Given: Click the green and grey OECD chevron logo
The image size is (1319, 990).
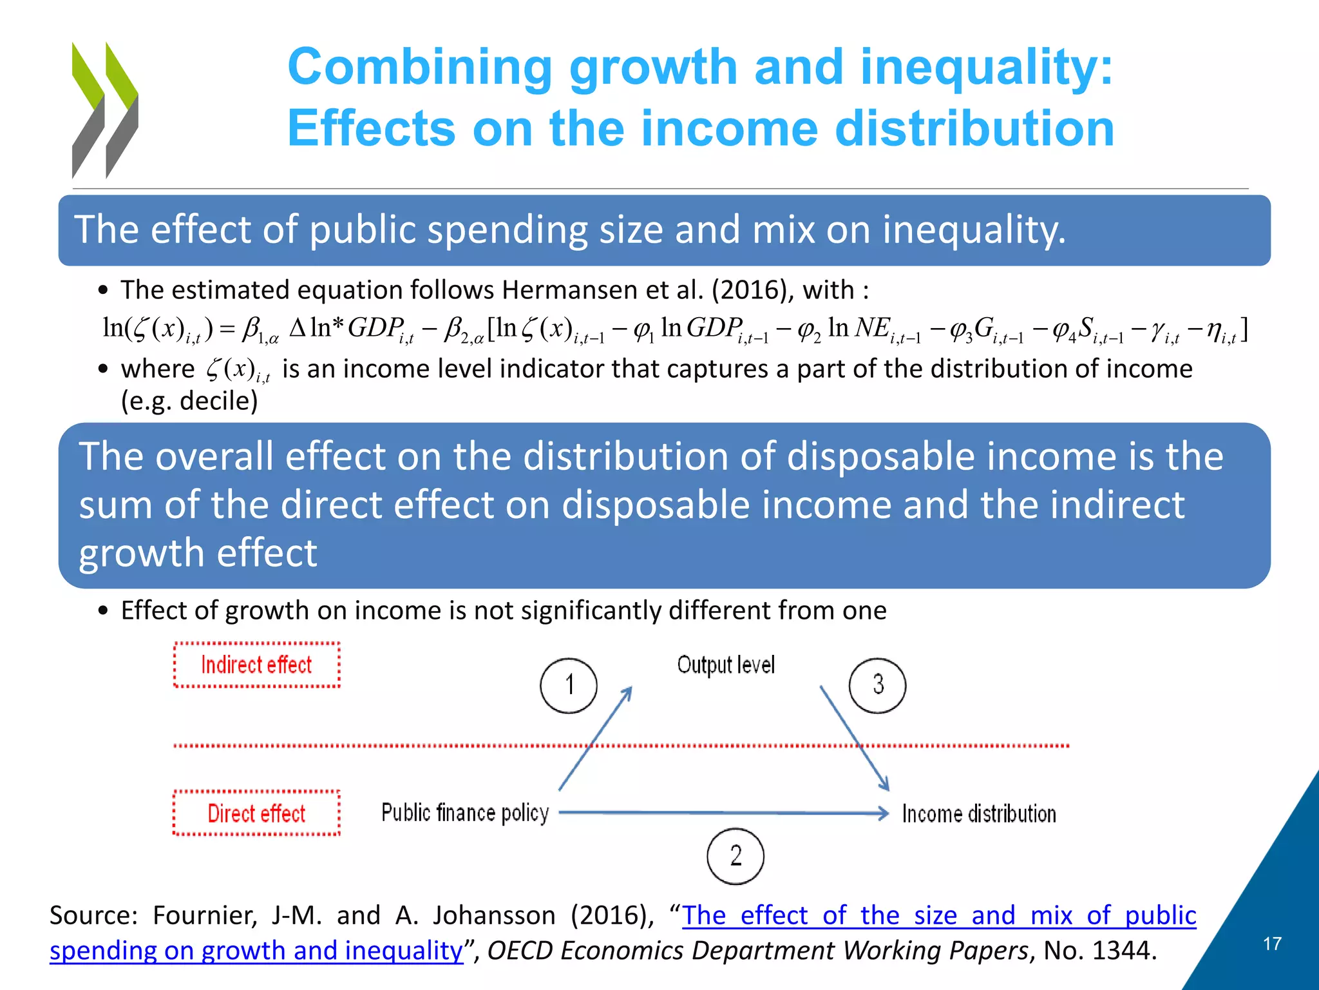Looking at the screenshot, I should (105, 110).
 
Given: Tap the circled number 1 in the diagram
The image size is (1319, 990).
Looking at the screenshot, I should (569, 685).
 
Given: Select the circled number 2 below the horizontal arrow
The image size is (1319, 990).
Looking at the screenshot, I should (735, 856).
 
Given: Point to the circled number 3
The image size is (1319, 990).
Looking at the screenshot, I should (877, 685).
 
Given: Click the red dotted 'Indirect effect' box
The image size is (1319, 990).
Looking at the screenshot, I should (256, 665).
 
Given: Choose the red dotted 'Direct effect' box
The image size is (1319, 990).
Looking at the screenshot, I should (256, 813).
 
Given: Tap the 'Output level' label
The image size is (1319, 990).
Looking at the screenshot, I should (726, 665).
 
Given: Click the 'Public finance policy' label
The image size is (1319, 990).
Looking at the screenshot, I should (465, 813).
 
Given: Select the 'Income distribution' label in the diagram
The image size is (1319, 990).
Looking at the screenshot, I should (979, 813).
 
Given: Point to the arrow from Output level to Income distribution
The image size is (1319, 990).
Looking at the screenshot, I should (855, 739).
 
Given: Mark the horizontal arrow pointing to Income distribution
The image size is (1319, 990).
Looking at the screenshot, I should (721, 813).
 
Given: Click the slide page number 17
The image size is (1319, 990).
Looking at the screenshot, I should (1272, 944).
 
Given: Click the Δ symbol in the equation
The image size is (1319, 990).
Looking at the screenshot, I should (298, 328).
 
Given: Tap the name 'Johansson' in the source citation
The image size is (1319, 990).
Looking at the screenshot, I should (494, 915).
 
